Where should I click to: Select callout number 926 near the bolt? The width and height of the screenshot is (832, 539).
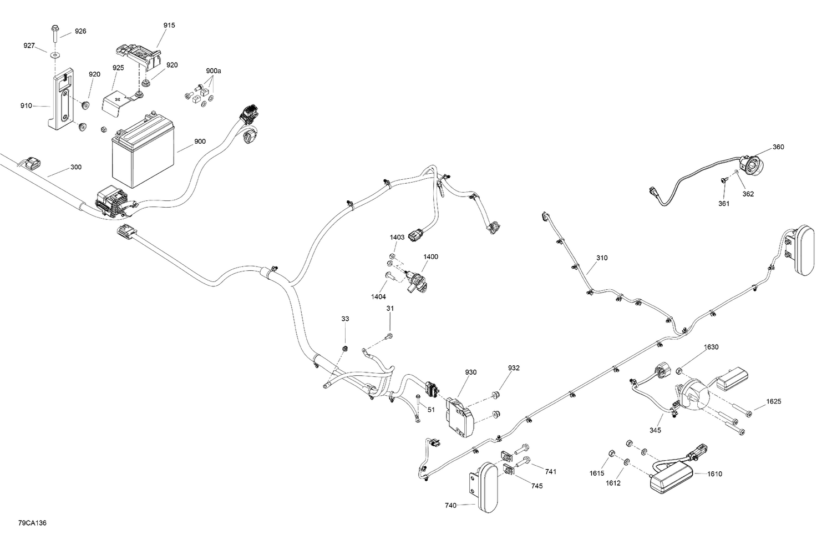click(80, 32)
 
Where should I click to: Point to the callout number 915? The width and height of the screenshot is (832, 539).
click(169, 26)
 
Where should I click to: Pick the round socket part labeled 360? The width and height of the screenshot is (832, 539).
click(750, 165)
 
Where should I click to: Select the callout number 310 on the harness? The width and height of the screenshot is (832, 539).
click(602, 258)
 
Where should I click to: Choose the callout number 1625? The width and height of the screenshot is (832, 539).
click(774, 401)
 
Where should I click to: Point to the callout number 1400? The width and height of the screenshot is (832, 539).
click(430, 257)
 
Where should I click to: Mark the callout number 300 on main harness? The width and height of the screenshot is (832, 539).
click(75, 167)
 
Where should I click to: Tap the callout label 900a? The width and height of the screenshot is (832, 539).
click(213, 71)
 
